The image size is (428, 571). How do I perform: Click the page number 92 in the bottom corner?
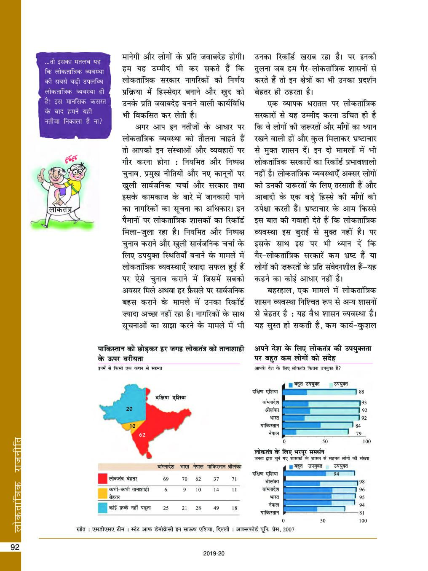pyautogui.click(x=15, y=547)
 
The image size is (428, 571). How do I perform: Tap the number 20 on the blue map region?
pyautogui.click(x=129, y=408)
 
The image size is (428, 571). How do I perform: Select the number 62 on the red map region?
pyautogui.click(x=142, y=434)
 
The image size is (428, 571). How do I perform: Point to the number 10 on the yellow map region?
pyautogui.click(x=132, y=426)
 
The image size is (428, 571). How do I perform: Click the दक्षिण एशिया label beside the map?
pyautogui.click(x=170, y=397)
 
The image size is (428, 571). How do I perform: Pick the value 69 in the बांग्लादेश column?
pyautogui.click(x=166, y=479)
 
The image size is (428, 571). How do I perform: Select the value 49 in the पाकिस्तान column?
pyautogui.click(x=216, y=508)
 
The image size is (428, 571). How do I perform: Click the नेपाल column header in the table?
pyautogui.click(x=198, y=467)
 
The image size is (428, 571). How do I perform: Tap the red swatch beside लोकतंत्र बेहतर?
pyautogui.click(x=102, y=479)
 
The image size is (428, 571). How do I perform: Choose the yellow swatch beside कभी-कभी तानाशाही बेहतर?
pyautogui.click(x=102, y=493)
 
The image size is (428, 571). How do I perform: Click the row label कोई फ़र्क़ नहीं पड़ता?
pyautogui.click(x=130, y=508)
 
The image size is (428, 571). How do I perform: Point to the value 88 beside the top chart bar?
pyautogui.click(x=361, y=392)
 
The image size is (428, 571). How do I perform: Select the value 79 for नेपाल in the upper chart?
pyautogui.click(x=358, y=433)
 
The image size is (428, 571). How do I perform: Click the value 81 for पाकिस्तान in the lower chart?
pyautogui.click(x=361, y=513)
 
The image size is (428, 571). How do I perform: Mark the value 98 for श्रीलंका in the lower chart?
pyautogui.click(x=361, y=482)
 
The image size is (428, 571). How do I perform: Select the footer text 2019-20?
pyautogui.click(x=214, y=553)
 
